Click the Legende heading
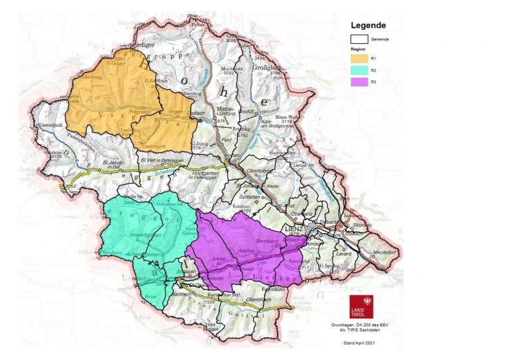point(369,26)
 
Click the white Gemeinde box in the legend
point(359,39)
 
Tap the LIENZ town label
point(293,228)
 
